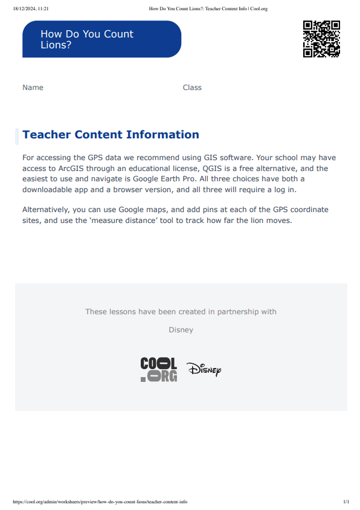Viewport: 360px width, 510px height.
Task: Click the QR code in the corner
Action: coord(321,39)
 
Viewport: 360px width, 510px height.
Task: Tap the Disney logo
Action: coord(204,369)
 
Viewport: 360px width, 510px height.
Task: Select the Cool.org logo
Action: coord(159,369)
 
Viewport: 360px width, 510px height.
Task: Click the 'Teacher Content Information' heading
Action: coord(111,135)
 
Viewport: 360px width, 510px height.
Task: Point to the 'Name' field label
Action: coord(33,88)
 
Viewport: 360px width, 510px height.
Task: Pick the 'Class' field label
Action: coord(192,88)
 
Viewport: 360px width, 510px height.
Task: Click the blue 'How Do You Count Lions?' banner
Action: coord(101,39)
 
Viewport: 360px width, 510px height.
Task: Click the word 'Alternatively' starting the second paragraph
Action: coord(46,210)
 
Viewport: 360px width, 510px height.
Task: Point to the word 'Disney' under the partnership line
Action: coord(181,330)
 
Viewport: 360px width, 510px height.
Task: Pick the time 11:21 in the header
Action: coord(43,9)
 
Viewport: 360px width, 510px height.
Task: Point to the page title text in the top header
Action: coord(208,9)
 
